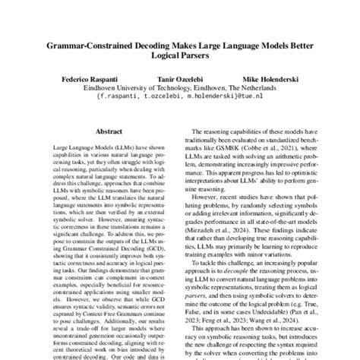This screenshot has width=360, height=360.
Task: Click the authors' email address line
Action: (x=179, y=96)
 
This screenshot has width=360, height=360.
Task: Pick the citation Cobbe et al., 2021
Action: (x=270, y=153)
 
